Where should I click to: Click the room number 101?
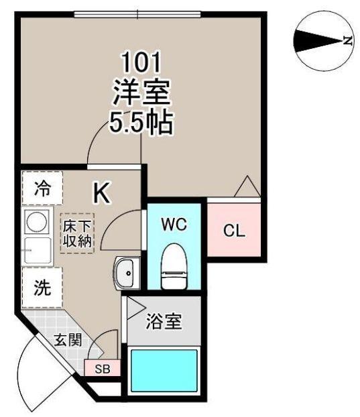[x=141, y=62]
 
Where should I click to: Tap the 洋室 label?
[x=141, y=93]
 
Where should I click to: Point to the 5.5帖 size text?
[x=141, y=123]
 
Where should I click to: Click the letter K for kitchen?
[x=102, y=194]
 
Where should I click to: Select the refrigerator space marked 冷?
[x=42, y=188]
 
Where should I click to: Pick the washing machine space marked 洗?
[x=42, y=288]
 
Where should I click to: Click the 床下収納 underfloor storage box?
[x=77, y=233]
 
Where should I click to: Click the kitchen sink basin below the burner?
[x=38, y=251]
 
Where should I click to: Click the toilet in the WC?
[x=174, y=266]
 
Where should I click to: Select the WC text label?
[x=174, y=225]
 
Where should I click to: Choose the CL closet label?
[x=234, y=231]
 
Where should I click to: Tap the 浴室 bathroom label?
[x=164, y=321]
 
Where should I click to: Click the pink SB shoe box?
[x=103, y=368]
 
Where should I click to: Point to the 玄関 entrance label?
[x=68, y=340]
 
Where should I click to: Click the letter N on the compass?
[x=347, y=41]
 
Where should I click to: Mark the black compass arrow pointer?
[x=318, y=41]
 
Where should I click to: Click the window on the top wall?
[x=137, y=14]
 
